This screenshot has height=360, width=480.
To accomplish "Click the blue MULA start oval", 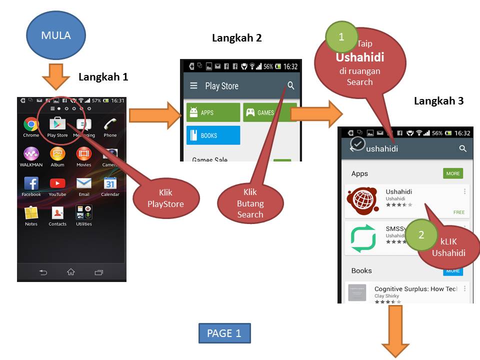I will [56, 35].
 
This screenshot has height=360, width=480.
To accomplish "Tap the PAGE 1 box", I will [224, 333].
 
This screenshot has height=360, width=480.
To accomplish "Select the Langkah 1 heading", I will [103, 77].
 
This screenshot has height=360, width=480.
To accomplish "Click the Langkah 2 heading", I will [237, 38].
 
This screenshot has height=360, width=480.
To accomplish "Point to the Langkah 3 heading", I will [438, 101].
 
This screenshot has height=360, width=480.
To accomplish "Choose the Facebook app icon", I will [31, 183].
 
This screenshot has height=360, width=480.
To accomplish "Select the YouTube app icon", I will [57, 183].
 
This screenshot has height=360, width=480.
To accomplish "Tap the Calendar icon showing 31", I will [110, 183].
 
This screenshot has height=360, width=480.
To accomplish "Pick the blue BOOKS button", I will [213, 135].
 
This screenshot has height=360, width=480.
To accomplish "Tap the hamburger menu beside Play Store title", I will [193, 86].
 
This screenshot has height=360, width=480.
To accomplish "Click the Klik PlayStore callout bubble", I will [166, 198].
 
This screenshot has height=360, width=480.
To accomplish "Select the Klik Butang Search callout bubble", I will [250, 203].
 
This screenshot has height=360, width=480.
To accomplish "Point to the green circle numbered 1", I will [341, 37].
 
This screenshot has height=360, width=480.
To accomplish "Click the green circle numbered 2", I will [421, 235].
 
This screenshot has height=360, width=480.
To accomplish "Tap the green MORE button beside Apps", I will [453, 173].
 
